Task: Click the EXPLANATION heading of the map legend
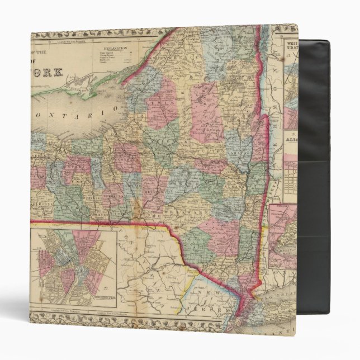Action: (x=114, y=48)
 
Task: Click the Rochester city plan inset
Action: (x=73, y=266)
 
